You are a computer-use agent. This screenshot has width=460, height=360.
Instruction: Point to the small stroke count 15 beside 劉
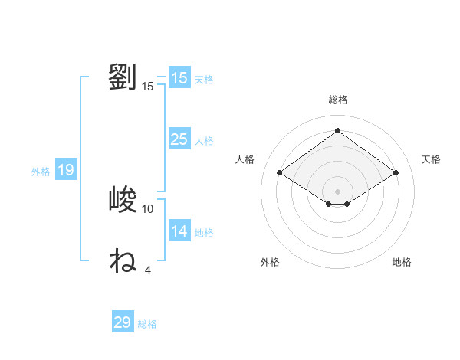click(148, 87)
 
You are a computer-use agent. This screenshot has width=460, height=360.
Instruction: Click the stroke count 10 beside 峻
click(148, 209)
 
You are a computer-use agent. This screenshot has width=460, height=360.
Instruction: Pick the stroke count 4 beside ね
click(148, 270)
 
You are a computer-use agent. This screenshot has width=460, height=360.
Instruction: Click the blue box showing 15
click(179, 78)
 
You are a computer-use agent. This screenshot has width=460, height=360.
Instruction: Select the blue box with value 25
click(179, 139)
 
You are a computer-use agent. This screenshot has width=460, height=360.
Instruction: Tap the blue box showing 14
click(179, 231)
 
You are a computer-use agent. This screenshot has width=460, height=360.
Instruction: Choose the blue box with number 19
click(65, 170)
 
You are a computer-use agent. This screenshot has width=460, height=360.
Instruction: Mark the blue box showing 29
click(122, 322)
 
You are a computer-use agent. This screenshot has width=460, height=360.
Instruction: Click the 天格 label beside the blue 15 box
click(204, 80)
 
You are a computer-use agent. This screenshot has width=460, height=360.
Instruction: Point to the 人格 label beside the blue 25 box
click(204, 141)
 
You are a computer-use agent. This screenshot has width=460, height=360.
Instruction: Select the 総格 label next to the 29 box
click(147, 324)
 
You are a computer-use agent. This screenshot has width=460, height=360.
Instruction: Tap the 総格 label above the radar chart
click(337, 100)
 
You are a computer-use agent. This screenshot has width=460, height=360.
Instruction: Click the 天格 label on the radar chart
click(431, 159)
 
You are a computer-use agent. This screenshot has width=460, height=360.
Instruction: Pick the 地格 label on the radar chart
click(402, 262)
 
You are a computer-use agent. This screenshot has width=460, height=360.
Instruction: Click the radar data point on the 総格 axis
click(337, 130)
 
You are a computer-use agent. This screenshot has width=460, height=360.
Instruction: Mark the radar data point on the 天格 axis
click(396, 173)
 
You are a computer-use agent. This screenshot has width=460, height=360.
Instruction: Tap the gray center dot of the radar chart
click(337, 191)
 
